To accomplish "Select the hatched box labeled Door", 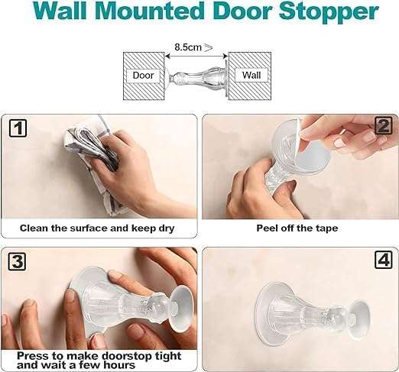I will [x=143, y=75].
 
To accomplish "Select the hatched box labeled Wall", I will [x=250, y=75].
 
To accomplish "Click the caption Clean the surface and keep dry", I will [x=99, y=228].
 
